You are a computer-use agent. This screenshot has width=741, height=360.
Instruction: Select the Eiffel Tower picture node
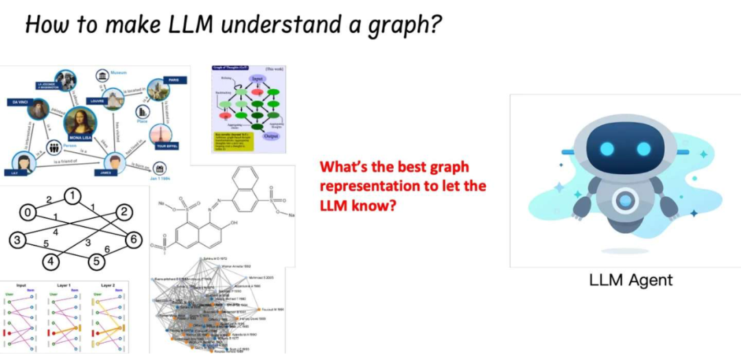(162, 135)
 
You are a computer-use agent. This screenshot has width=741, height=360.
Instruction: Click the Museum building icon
(102, 75)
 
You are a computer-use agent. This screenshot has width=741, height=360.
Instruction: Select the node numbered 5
(97, 261)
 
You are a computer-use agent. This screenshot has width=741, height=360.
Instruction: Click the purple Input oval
(258, 80)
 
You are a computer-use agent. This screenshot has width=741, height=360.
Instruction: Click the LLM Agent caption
(631, 279)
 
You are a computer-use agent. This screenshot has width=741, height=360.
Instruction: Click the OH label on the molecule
(234, 223)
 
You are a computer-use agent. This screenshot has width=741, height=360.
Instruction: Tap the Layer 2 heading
(107, 285)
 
